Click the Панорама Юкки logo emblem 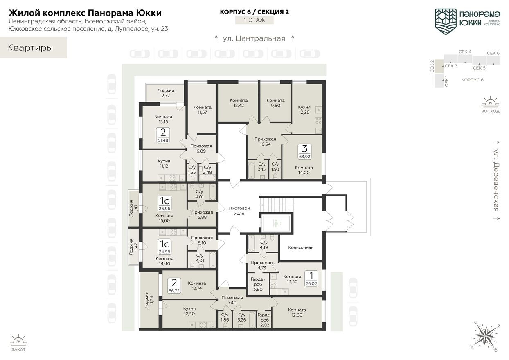tap(446, 20)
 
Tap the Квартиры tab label tap(30, 47)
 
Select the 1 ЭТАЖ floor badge tap(254, 20)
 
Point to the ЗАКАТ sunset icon tap(18, 340)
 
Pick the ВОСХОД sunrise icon tap(490, 102)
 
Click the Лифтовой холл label tap(239, 211)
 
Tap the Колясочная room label tap(301, 247)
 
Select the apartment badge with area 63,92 tap(304, 151)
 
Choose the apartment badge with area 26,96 tap(164, 203)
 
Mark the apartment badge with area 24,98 tap(164, 245)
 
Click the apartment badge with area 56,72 tap(174, 286)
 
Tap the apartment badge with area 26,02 tap(311, 278)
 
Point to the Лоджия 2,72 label tap(165, 93)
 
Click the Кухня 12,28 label tap(304, 110)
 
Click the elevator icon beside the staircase tap(276, 224)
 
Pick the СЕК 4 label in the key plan tap(465, 52)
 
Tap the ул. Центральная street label tap(254, 38)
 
